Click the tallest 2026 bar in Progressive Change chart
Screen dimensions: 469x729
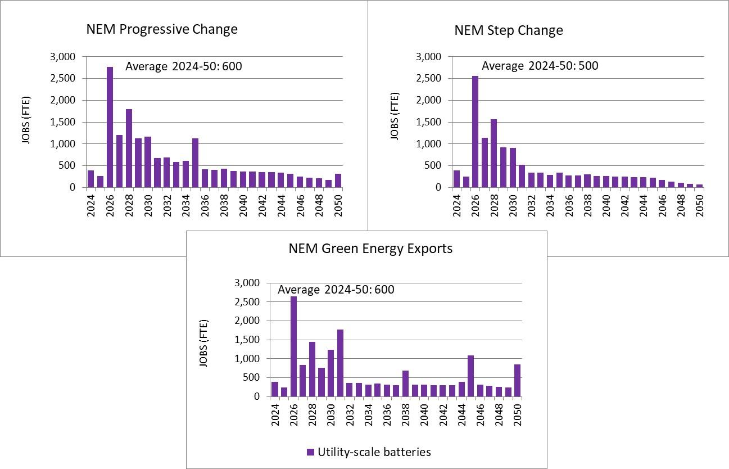click(110, 127)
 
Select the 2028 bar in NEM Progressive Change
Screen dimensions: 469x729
click(129, 148)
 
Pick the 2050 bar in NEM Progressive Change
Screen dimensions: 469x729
click(337, 181)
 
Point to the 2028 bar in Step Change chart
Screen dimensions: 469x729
click(493, 153)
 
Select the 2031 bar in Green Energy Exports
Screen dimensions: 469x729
click(340, 363)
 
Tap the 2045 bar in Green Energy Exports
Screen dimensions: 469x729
click(470, 376)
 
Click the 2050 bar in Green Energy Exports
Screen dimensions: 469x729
click(517, 380)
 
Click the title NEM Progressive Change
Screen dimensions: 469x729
click(162, 29)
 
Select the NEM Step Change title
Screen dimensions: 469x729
click(509, 30)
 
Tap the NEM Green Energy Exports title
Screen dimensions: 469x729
click(370, 249)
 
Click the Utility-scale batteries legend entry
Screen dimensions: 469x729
click(369, 452)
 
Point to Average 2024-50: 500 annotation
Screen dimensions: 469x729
click(540, 66)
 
